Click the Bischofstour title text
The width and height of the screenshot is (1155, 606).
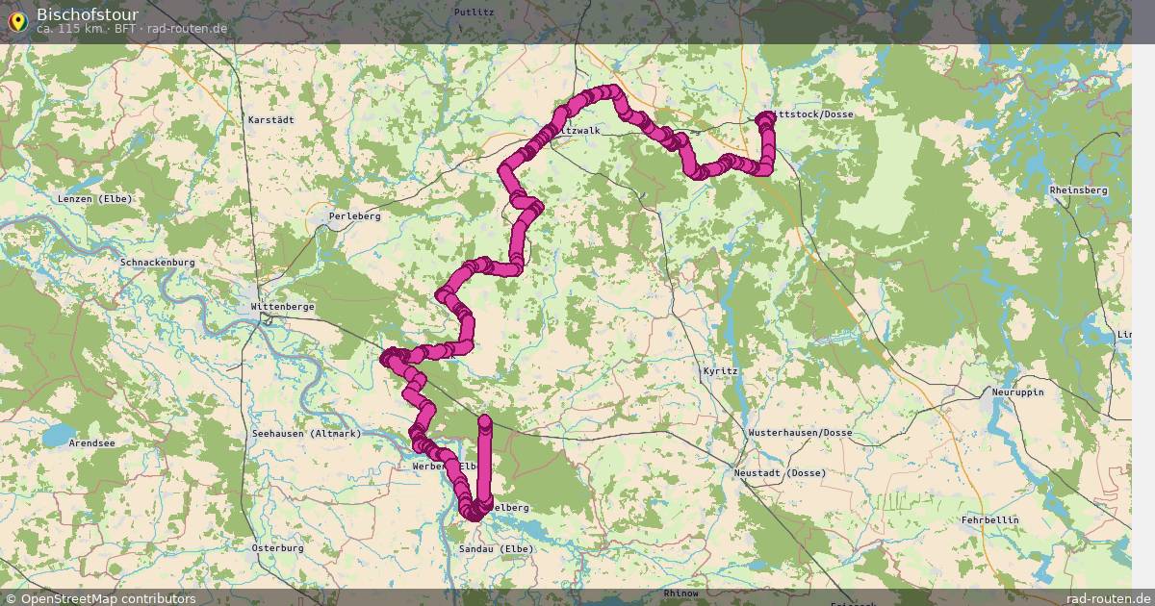coord(87,14)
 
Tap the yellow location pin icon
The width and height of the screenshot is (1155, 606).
coord(17,19)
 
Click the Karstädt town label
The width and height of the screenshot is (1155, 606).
coord(270,120)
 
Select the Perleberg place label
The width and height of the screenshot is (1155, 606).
coord(354,216)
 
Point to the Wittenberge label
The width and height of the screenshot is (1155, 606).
coord(282,307)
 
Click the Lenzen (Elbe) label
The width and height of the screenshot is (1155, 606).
coord(94,199)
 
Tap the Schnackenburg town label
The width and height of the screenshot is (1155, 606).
coord(158,263)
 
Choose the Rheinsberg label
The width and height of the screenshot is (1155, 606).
coord(1079,190)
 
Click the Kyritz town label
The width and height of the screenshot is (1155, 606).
coord(720,370)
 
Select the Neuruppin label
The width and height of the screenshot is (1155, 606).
coord(1017,392)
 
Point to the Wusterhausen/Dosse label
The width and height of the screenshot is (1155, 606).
coord(800,433)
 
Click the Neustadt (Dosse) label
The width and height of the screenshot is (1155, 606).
coord(780,473)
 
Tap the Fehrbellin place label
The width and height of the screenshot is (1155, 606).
coord(989,520)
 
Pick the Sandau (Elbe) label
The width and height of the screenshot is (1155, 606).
coord(496,549)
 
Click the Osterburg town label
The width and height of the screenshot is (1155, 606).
coord(277,548)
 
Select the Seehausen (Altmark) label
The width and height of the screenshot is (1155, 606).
coord(306,434)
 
